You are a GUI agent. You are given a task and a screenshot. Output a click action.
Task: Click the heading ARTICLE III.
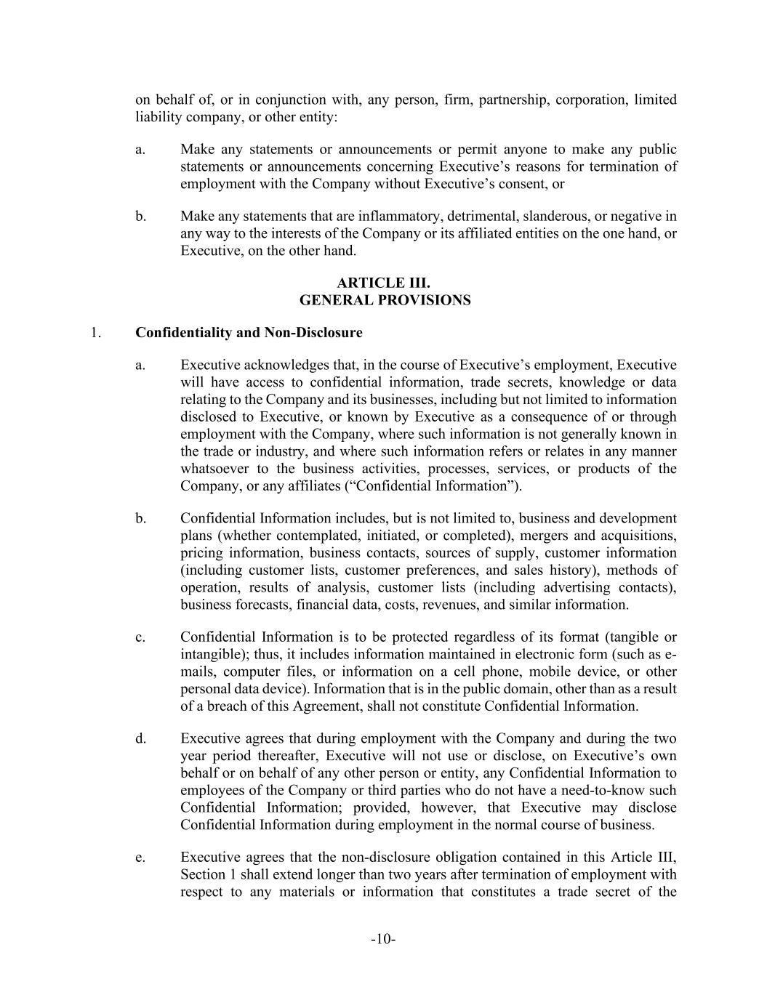point(383,283)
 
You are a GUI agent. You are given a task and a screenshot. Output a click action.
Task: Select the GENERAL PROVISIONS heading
point(385,300)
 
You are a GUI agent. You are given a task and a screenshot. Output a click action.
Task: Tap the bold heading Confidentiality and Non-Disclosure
point(249,333)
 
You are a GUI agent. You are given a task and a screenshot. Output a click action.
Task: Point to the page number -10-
point(383,940)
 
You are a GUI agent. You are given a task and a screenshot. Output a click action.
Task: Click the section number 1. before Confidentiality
point(95,333)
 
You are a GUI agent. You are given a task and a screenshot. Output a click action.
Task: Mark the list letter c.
point(140,637)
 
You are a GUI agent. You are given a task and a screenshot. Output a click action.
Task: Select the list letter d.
point(140,738)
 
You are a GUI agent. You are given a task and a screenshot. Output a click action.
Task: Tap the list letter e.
point(140,857)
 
